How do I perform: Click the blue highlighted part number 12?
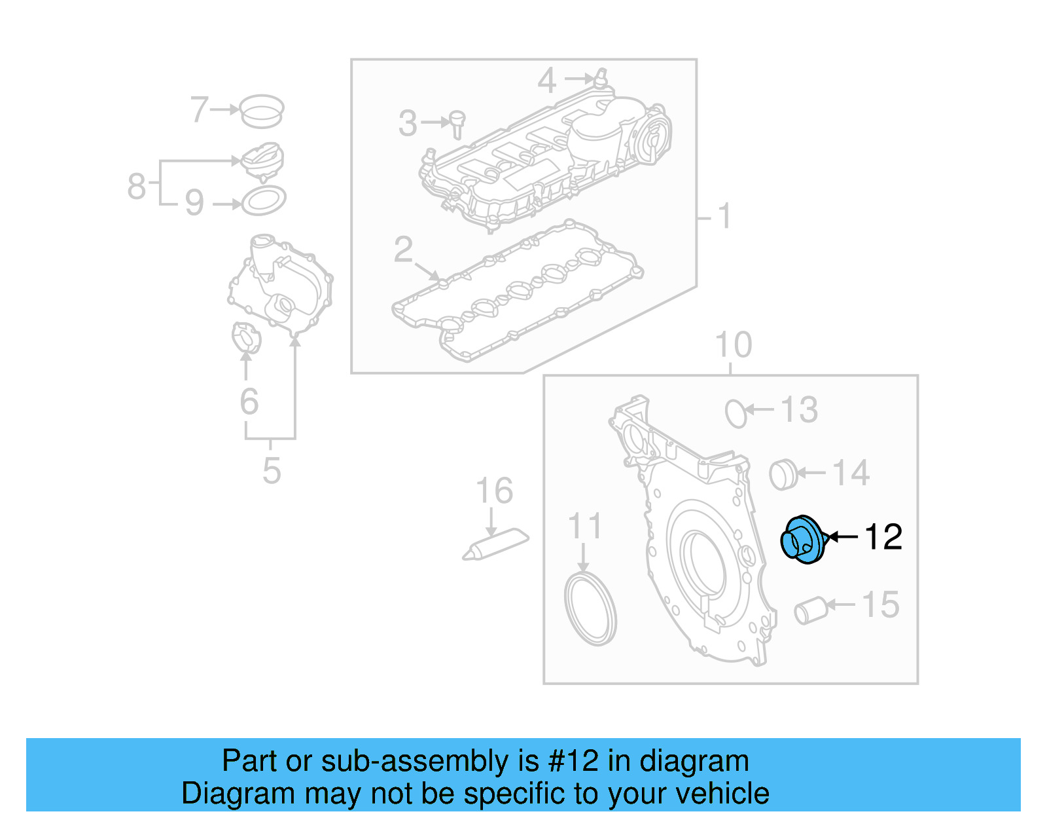click(x=803, y=540)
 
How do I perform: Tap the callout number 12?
click(x=883, y=537)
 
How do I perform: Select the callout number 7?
click(x=199, y=109)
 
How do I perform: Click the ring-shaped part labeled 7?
click(x=261, y=111)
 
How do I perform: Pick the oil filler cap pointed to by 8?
click(x=262, y=161)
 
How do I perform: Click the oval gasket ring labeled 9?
click(x=264, y=200)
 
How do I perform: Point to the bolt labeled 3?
click(x=457, y=124)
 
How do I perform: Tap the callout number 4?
click(x=546, y=81)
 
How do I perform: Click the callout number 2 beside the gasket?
click(x=403, y=250)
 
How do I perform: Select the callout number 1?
click(x=723, y=215)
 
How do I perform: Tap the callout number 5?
click(x=271, y=470)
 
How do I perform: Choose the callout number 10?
click(x=733, y=344)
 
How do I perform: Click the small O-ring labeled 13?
click(x=736, y=413)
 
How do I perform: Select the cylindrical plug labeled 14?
click(x=783, y=475)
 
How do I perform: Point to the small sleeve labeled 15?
click(x=811, y=610)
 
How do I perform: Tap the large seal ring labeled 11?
click(x=590, y=609)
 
